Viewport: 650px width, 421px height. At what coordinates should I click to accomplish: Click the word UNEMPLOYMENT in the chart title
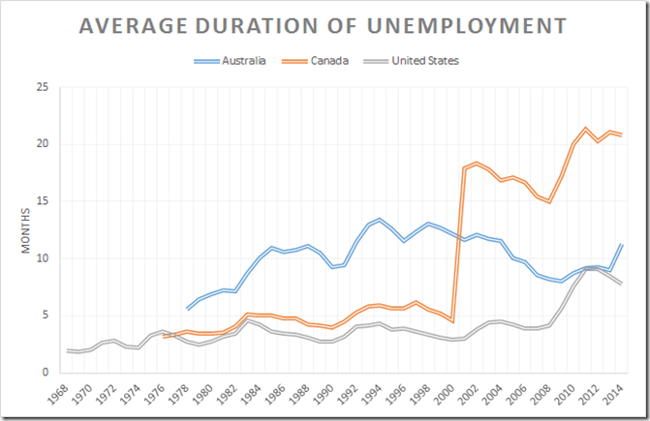coord(463,27)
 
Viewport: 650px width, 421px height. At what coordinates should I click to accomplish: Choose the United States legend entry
coord(423,61)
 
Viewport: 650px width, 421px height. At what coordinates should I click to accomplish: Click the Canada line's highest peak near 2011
coord(585,129)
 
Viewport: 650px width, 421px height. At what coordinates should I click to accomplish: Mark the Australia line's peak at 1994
coord(379,220)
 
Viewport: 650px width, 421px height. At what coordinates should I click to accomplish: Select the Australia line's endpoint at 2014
coord(621,245)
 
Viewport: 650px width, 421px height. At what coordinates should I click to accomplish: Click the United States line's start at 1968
coord(68,350)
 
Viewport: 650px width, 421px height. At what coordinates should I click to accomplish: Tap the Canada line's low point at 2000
coord(452,321)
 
